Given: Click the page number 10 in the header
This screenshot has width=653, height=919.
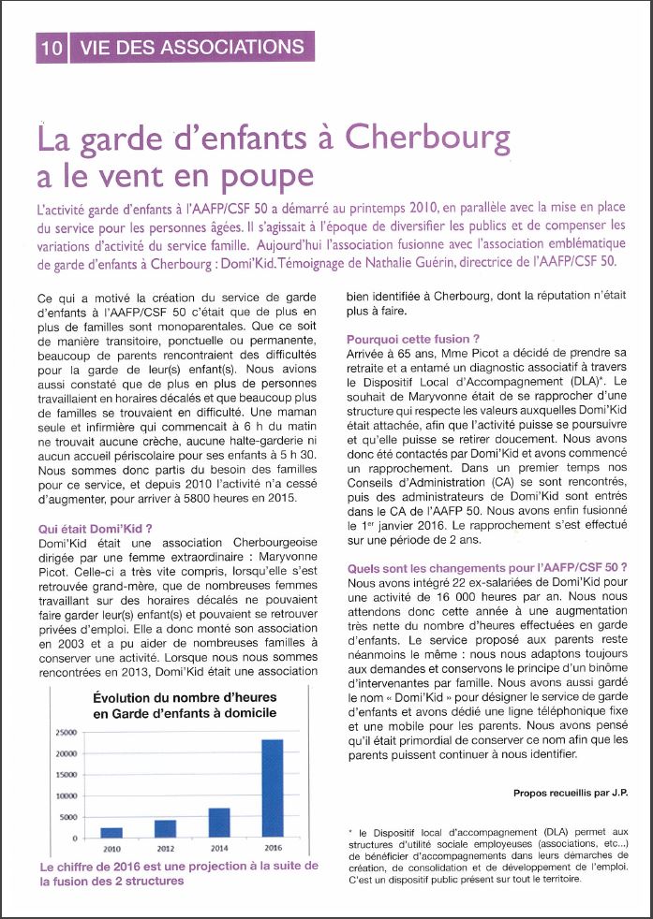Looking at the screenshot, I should (52, 47).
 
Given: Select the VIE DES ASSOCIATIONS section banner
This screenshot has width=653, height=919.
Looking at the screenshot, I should (192, 46).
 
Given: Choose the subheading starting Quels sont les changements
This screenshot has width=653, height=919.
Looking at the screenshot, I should (486, 567).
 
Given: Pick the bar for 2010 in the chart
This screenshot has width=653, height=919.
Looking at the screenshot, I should (111, 832).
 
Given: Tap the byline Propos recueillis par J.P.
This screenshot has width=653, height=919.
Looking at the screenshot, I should (570, 792).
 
